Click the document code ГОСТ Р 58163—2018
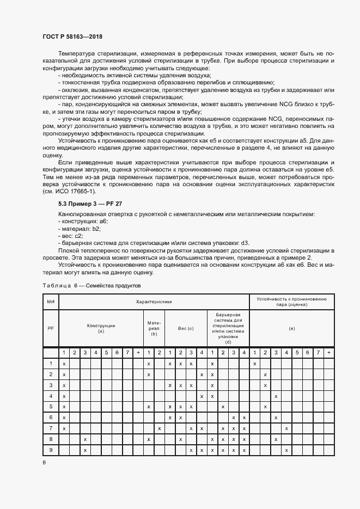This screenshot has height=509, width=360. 72,36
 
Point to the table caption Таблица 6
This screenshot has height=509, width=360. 91,285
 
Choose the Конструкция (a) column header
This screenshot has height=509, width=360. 101,328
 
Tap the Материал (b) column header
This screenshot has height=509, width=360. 154,328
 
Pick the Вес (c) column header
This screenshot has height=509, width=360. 186,328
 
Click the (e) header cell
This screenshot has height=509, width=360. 292,328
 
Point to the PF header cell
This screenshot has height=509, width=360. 50,328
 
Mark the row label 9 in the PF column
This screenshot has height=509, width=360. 50,450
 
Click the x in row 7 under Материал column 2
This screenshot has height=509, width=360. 160,428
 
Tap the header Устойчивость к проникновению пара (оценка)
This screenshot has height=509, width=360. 292,302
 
